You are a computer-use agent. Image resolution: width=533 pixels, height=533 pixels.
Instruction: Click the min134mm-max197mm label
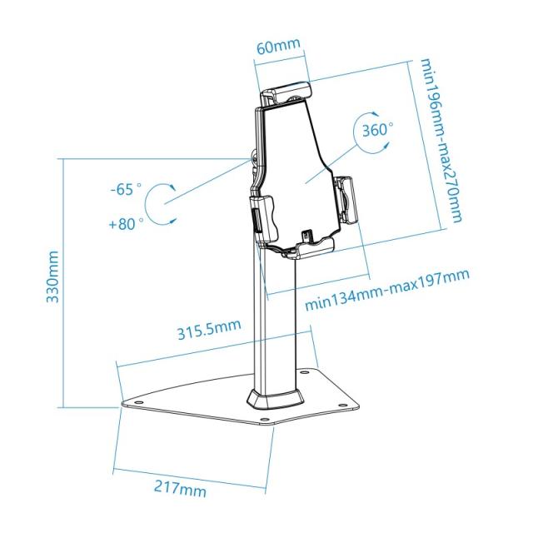[x=386, y=288]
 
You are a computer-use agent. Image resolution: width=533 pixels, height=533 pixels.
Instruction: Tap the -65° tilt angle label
[x=126, y=189]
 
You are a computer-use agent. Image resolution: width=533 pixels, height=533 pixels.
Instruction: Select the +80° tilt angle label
[x=126, y=222]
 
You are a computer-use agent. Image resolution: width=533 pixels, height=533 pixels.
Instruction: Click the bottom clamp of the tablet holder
[x=301, y=247]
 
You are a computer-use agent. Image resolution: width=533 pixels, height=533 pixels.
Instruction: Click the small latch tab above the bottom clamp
[x=307, y=237]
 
